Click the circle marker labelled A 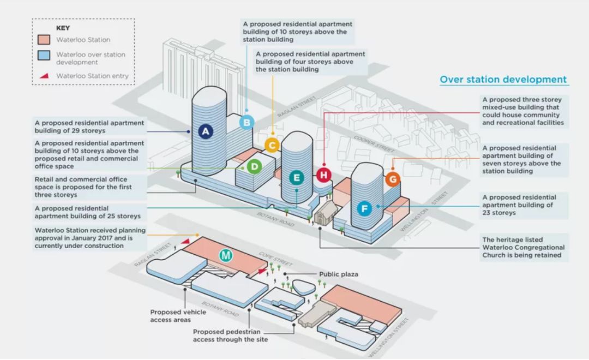pyautogui.click(x=205, y=131)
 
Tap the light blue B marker pyautogui.click(x=247, y=123)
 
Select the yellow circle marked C pyautogui.click(x=272, y=145)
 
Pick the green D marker pyautogui.click(x=254, y=167)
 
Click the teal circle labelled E pyautogui.click(x=297, y=177)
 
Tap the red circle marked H pyautogui.click(x=324, y=175)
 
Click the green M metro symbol pyautogui.click(x=226, y=255)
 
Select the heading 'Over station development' pyautogui.click(x=503, y=80)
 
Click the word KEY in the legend pyautogui.click(x=63, y=27)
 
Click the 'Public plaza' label pyautogui.click(x=339, y=274)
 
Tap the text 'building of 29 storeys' pyautogui.click(x=70, y=131)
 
